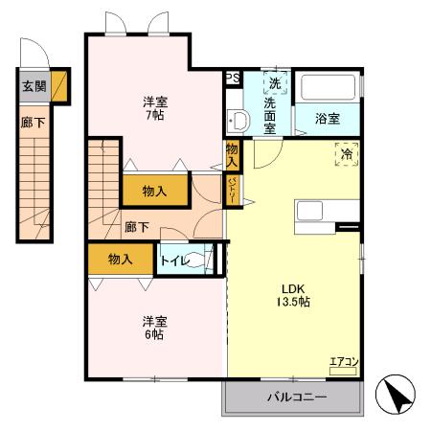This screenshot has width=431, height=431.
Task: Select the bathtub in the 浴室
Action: point(329,89)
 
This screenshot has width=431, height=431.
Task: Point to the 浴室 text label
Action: point(329,119)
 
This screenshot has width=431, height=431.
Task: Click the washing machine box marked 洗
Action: point(275,82)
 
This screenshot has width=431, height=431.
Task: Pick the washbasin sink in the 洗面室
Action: point(239,121)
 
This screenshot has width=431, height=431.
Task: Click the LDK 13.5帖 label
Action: point(293,294)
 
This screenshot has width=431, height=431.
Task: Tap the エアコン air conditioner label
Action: point(344,362)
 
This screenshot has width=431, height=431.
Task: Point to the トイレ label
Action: point(176,261)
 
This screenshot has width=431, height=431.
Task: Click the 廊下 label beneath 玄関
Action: point(32,124)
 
